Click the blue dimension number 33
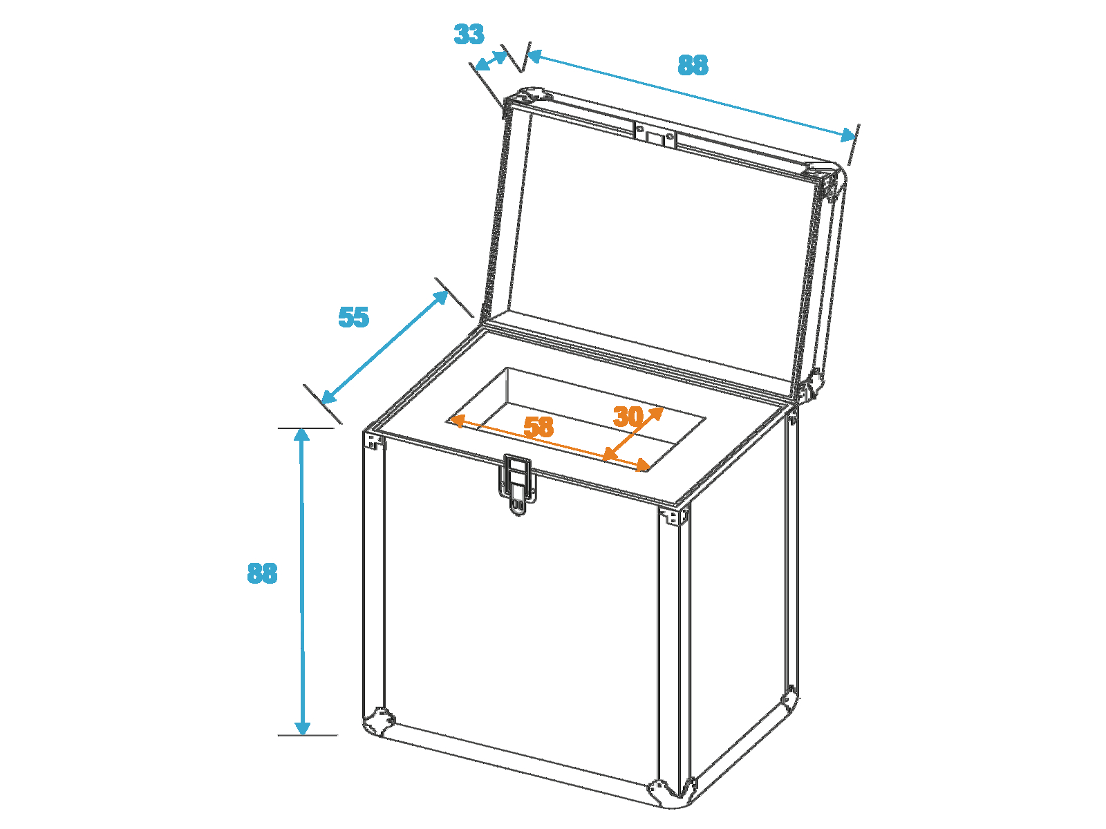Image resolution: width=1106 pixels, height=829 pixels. (469, 35)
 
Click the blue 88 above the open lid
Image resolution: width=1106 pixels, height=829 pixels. (693, 65)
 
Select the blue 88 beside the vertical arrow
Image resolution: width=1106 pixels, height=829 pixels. (262, 573)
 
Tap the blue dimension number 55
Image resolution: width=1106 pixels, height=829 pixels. (353, 317)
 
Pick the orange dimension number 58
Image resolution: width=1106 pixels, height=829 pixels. (538, 427)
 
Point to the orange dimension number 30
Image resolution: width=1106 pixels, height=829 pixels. (628, 417)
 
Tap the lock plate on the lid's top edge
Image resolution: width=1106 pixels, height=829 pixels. (655, 135)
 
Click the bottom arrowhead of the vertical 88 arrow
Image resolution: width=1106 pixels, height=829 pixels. (302, 727)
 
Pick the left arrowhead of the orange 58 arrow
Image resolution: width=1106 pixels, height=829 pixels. (456, 420)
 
